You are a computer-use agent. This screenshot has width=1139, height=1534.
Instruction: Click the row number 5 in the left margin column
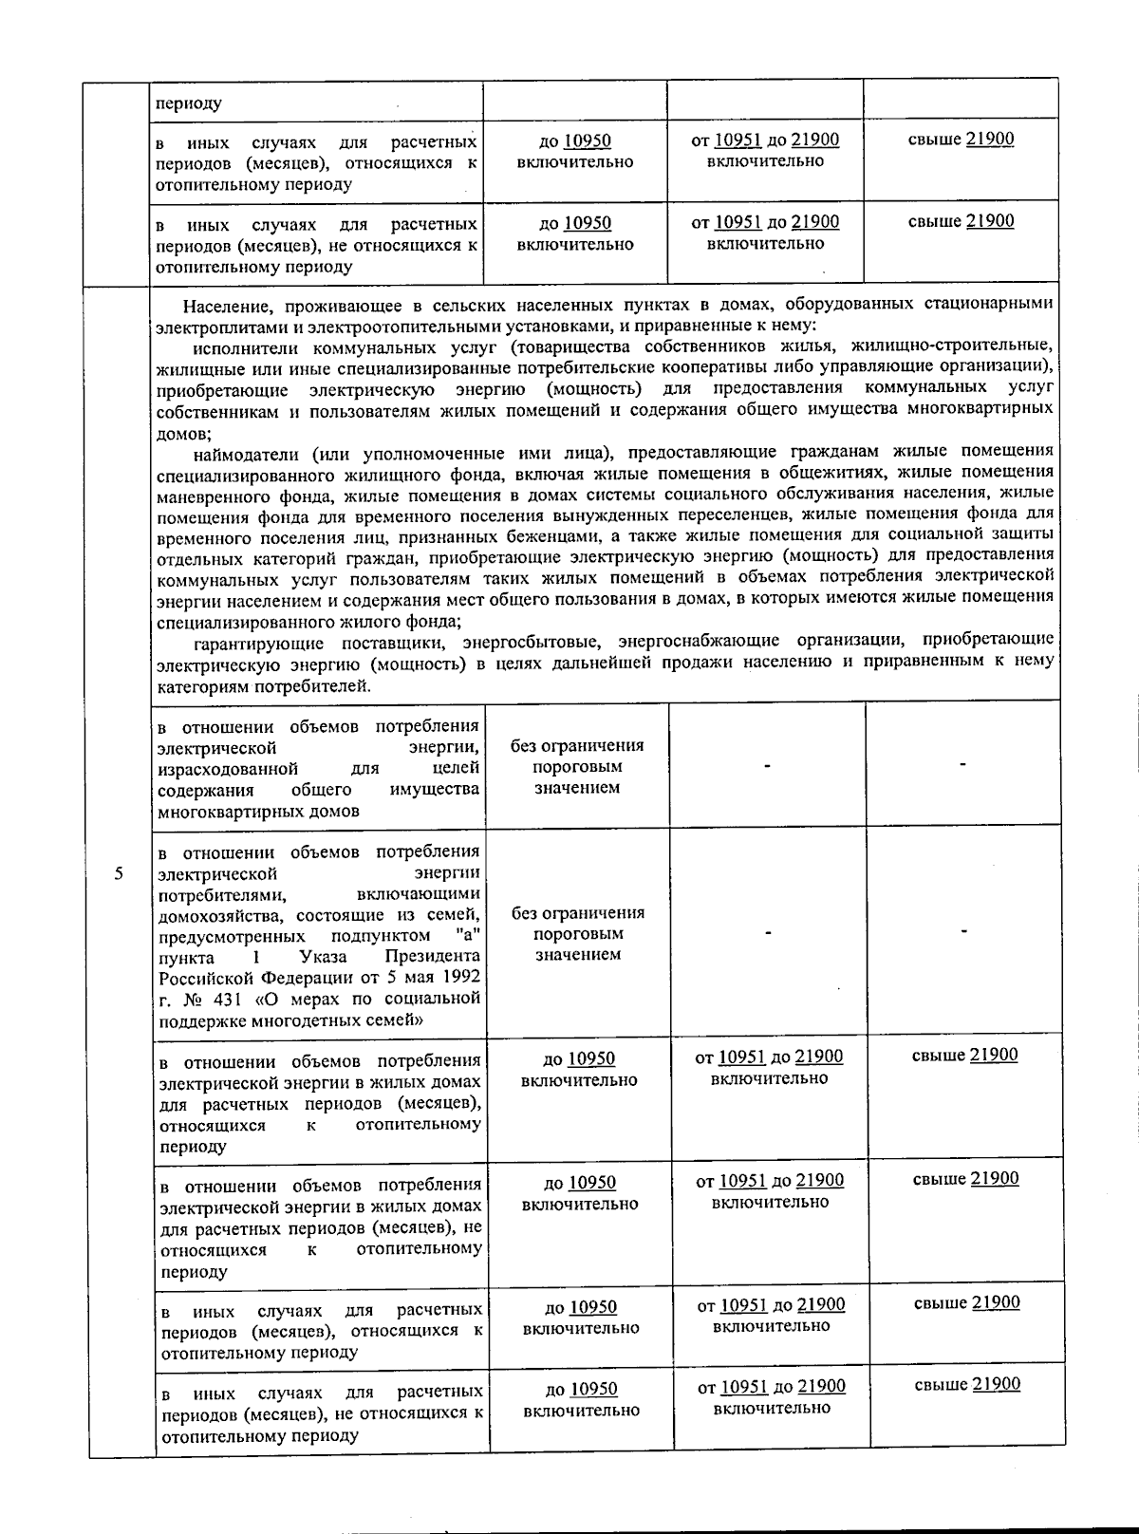click(118, 874)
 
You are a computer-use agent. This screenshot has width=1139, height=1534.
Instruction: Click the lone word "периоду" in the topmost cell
click(189, 103)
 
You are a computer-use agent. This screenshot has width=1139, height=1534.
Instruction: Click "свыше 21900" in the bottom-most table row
click(967, 1384)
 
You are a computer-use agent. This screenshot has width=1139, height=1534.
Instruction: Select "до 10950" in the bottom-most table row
click(581, 1389)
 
